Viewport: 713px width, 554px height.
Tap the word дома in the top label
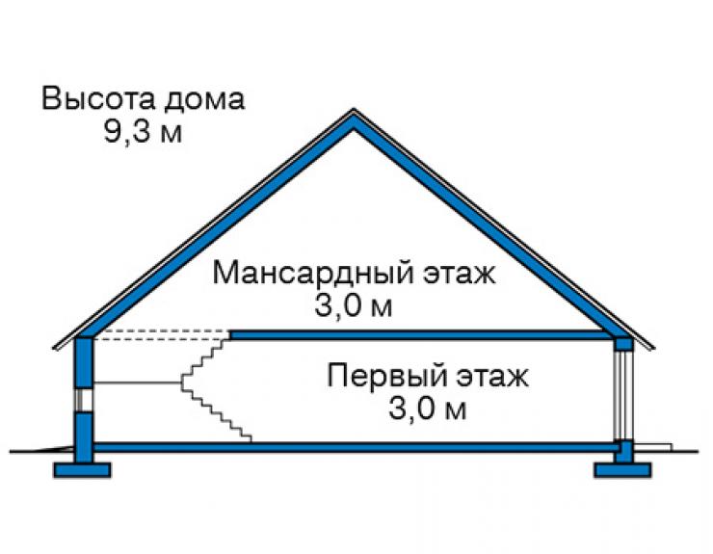[x=204, y=100]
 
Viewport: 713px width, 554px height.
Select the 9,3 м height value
[x=144, y=132]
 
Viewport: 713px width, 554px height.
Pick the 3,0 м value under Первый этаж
[x=428, y=409]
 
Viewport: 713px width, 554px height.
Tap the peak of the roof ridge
[x=354, y=109]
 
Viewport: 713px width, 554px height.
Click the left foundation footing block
[x=82, y=470]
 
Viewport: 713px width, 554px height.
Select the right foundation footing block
[x=622, y=470]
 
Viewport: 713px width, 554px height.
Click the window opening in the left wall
[x=84, y=400]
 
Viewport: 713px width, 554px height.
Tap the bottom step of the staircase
[x=245, y=438]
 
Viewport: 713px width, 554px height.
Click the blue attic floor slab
[x=422, y=335]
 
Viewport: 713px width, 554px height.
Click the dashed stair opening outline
[x=162, y=335]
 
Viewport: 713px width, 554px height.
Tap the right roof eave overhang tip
[x=652, y=348]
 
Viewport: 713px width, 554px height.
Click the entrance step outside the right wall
[x=653, y=448]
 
